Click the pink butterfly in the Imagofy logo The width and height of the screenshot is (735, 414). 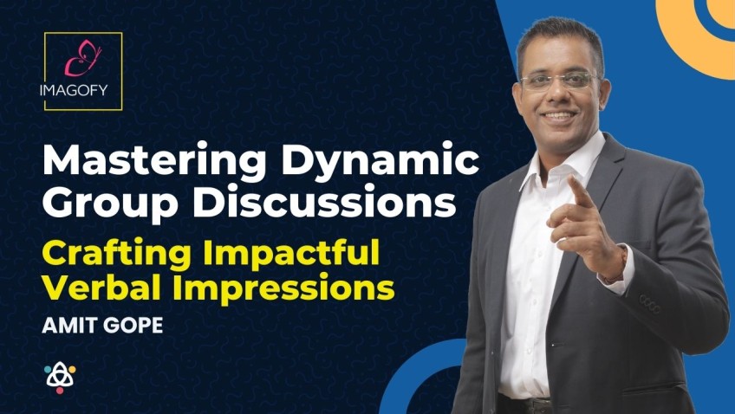(82, 58)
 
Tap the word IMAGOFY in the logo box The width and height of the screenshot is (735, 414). (74, 90)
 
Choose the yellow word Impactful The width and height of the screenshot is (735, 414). (291, 253)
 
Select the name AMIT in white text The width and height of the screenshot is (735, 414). (70, 325)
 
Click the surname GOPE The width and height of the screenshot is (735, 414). (133, 325)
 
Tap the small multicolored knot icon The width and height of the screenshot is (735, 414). (60, 378)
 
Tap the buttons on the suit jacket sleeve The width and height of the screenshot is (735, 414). (650, 303)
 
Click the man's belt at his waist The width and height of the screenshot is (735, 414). (526, 405)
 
